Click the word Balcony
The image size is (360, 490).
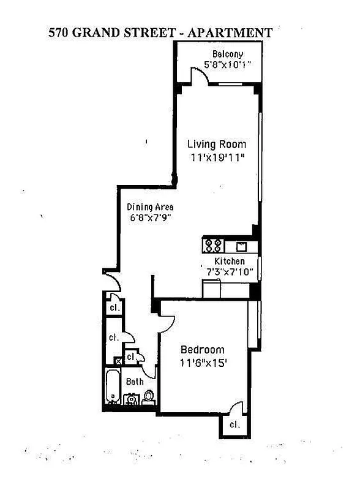(x=228, y=54)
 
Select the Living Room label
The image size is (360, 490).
(x=216, y=145)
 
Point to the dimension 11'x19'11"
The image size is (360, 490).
(x=217, y=157)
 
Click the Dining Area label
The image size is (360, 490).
(x=150, y=207)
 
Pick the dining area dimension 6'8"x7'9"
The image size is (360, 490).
(x=150, y=217)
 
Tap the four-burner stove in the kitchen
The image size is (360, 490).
(x=213, y=246)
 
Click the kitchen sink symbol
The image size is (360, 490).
(x=241, y=246)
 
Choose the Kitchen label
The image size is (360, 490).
(x=229, y=262)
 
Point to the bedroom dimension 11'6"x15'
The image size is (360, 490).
(x=203, y=362)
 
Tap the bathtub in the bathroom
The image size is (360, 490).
(x=113, y=386)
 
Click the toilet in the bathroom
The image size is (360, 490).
(x=148, y=397)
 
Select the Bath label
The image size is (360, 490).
(x=135, y=382)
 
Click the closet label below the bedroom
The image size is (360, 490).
(x=234, y=424)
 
